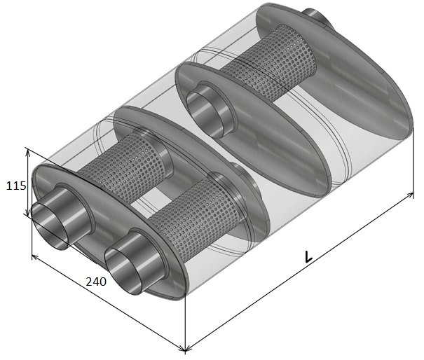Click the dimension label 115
[x=16, y=186]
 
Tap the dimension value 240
[x=96, y=282]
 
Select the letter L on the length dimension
[x=308, y=257]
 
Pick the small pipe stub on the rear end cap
[x=315, y=15]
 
